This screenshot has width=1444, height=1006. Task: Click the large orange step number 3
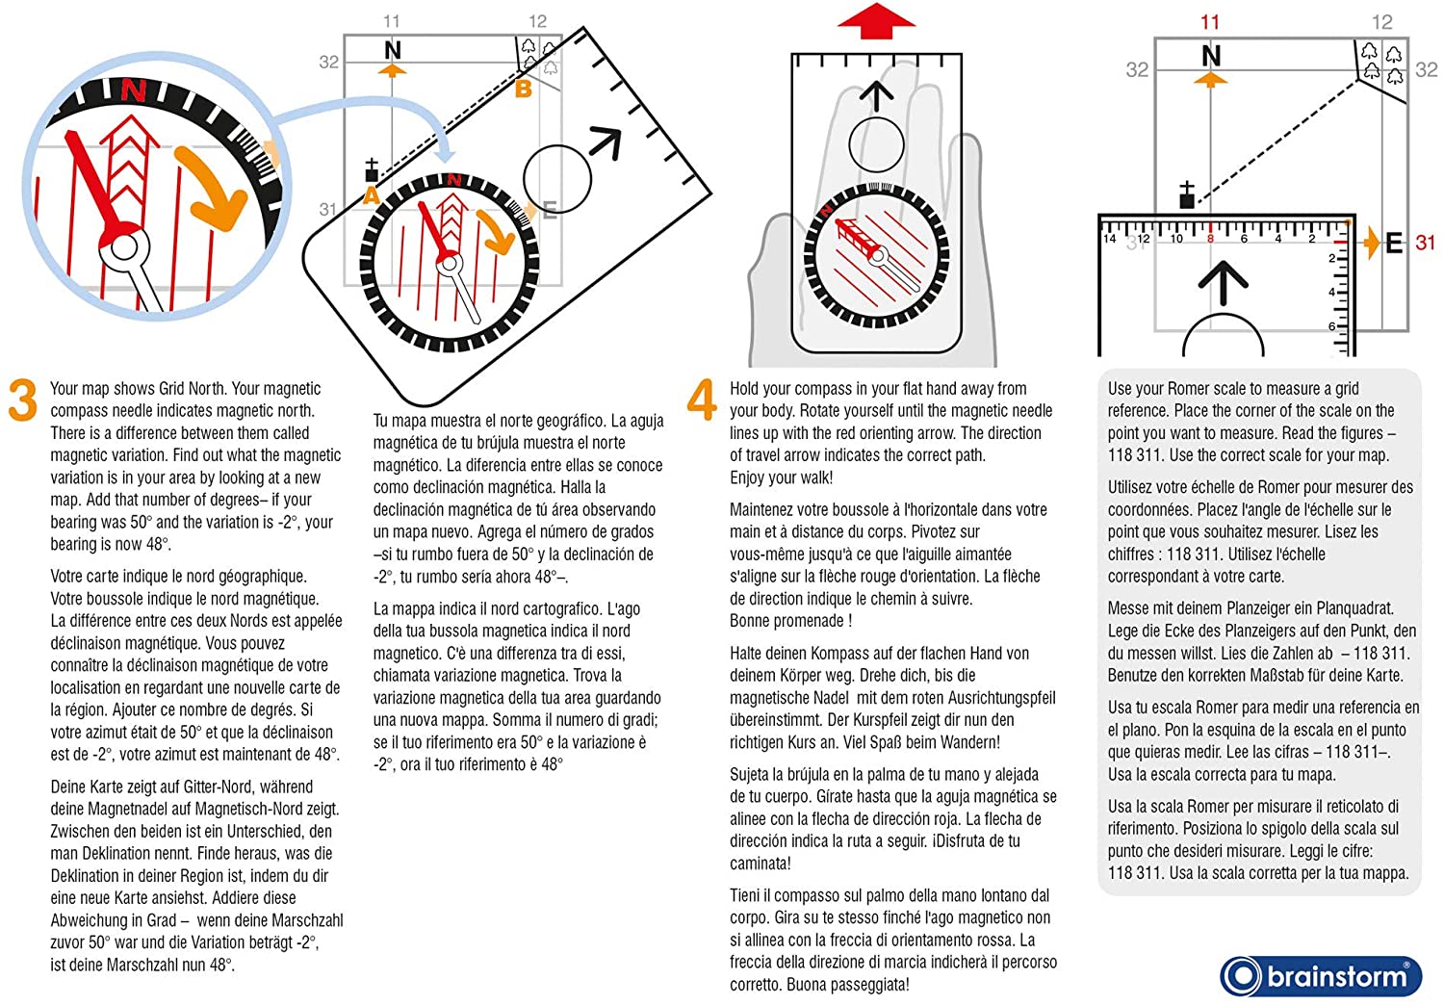click(23, 400)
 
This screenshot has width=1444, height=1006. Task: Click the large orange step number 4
click(702, 400)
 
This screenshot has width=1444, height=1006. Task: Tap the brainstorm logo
click(1322, 976)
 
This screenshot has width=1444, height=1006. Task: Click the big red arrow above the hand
click(875, 21)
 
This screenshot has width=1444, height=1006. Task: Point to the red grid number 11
click(1210, 21)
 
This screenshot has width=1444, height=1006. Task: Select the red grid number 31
click(1426, 243)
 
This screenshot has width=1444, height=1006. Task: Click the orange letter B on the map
click(524, 90)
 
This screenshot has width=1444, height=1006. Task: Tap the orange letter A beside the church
click(371, 196)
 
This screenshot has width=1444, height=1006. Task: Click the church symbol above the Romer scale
click(1187, 195)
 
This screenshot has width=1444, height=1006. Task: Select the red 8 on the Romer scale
click(1210, 238)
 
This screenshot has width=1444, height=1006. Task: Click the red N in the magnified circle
click(133, 90)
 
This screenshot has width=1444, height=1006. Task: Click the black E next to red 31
click(1394, 244)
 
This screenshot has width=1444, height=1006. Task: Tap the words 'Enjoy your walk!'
click(781, 477)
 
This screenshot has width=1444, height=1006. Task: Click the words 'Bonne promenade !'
click(790, 621)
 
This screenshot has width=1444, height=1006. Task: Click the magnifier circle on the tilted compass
click(557, 179)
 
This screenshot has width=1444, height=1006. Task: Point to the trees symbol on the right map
click(1381, 62)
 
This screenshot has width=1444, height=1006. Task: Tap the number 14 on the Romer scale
click(1110, 238)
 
